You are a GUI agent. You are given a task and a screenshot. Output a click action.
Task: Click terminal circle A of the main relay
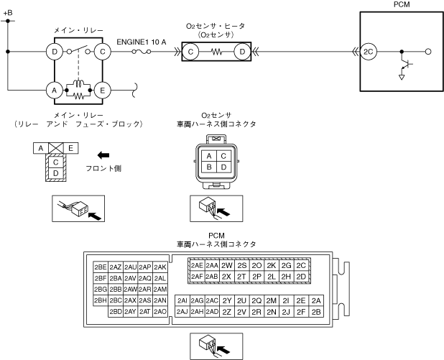click(x=53, y=90)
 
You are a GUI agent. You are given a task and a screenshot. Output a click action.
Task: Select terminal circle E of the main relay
click(x=102, y=90)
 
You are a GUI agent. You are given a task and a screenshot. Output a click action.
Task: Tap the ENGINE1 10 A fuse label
click(x=142, y=42)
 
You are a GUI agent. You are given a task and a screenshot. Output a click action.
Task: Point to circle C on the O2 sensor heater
click(x=191, y=52)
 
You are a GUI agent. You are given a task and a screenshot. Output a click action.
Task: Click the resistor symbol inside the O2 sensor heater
click(x=217, y=52)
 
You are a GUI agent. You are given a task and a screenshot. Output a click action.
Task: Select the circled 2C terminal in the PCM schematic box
click(x=368, y=52)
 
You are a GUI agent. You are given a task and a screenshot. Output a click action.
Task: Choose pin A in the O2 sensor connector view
click(x=208, y=155)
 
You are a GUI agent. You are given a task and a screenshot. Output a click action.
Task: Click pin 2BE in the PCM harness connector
click(x=100, y=266)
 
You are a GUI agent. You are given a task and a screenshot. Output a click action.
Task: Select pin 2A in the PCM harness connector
click(x=317, y=300)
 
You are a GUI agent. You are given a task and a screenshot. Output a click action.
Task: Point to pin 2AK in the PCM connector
click(x=159, y=266)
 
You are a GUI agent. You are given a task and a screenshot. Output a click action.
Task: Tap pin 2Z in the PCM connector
click(x=227, y=312)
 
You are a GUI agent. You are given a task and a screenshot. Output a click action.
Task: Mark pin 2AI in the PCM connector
click(x=182, y=300)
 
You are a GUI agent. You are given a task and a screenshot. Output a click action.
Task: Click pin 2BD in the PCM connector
click(x=115, y=312)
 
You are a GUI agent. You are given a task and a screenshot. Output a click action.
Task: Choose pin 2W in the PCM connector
click(x=227, y=264)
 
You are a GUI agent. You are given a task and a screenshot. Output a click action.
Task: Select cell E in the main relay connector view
click(x=70, y=147)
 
